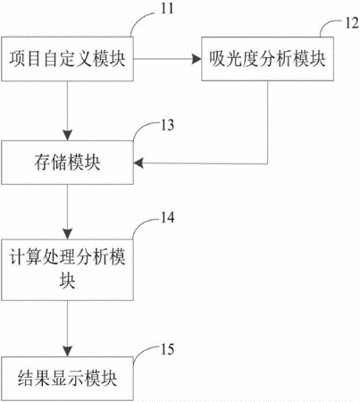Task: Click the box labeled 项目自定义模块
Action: tap(67, 59)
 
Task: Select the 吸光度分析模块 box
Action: tap(267, 59)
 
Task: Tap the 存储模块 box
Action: tap(67, 163)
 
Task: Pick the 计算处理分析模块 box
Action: tap(67, 270)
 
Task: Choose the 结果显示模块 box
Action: tap(67, 379)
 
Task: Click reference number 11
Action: tap(167, 8)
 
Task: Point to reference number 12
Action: tap(352, 23)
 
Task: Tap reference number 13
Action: tap(167, 125)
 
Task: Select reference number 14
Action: tap(167, 217)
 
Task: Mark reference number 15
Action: tap(167, 349)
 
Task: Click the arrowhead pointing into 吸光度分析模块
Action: tap(197, 59)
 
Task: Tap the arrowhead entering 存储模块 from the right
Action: tap(138, 163)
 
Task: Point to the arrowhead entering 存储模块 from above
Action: tap(67, 136)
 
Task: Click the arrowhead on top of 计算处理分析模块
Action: tap(67, 234)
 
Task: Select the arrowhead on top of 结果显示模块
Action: tap(67, 351)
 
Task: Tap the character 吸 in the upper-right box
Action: tap(216, 59)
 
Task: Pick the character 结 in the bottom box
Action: tap(26, 379)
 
